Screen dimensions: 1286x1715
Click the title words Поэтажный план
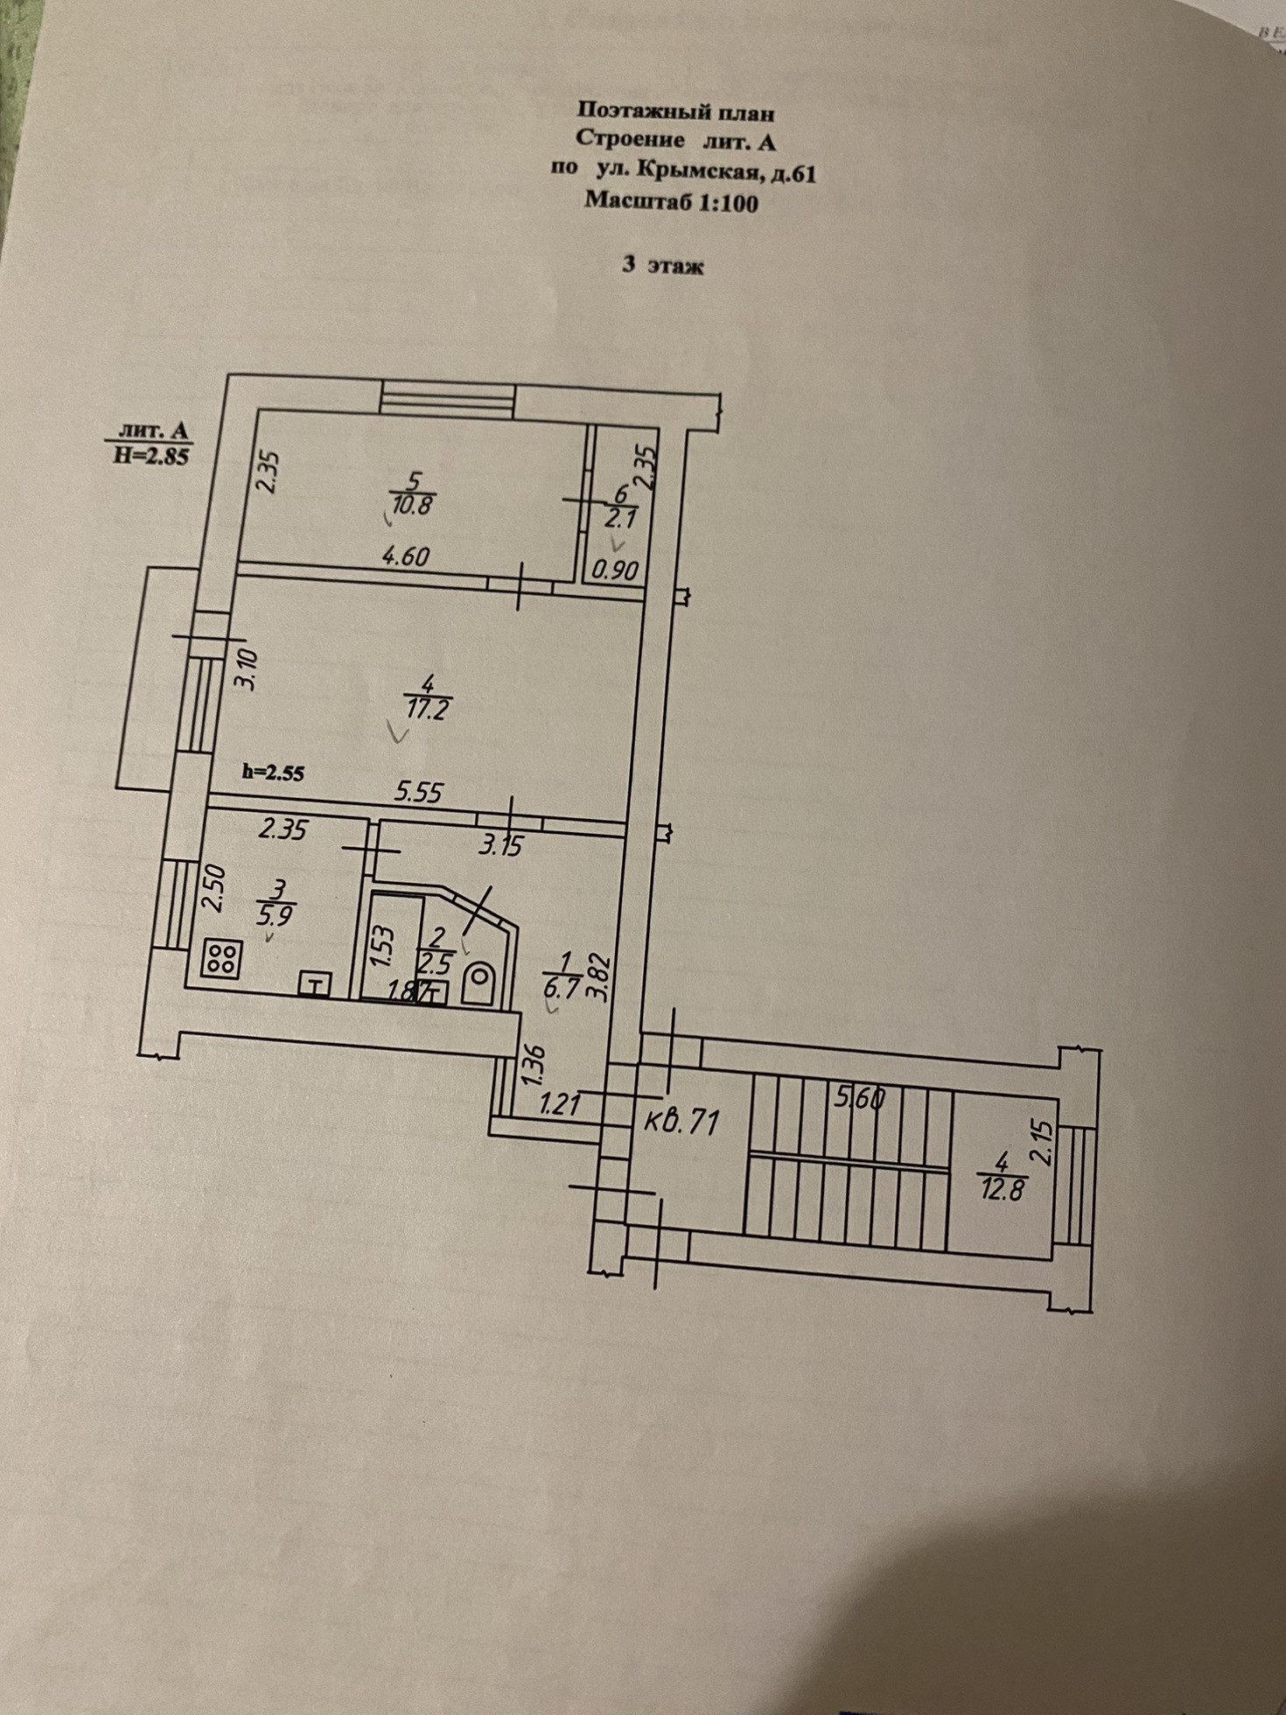pos(675,112)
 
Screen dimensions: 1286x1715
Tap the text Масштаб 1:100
pos(671,202)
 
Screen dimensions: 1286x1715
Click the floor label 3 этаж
pos(662,264)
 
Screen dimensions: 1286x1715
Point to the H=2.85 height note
pos(151,455)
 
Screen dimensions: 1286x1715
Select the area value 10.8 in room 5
pos(413,505)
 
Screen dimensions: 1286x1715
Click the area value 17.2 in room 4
pos(427,708)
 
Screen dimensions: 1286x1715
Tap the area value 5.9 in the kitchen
pos(275,916)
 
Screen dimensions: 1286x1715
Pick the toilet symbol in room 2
pos(479,983)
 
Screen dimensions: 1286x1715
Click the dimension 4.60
pos(403,556)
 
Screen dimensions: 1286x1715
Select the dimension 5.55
pos(419,793)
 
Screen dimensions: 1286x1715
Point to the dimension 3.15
pos(500,845)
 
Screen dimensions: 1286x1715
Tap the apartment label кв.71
pos(681,1121)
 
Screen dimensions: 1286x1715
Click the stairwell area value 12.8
pos(1002,1189)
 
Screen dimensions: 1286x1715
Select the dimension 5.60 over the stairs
pos(859,1097)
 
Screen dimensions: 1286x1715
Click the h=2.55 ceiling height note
pos(273,773)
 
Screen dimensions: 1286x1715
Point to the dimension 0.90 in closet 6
pos(614,570)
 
